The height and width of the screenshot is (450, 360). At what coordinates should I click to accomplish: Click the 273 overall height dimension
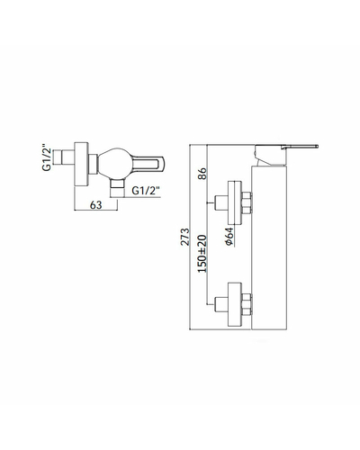tap(185, 237)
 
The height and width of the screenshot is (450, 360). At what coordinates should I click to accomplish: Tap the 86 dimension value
tap(202, 174)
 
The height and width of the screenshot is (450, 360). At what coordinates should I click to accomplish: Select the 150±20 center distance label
tap(202, 254)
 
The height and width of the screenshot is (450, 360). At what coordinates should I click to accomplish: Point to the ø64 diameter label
tap(229, 237)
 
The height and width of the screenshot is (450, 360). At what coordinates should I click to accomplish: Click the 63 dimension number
tap(96, 205)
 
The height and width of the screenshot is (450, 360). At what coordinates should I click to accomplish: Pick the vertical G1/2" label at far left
tap(47, 158)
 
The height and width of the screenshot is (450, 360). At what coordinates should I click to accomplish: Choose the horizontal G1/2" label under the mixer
tap(146, 191)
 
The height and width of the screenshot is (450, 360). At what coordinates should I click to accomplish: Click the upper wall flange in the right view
tap(235, 202)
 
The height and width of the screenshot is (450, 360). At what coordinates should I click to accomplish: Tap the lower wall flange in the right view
tap(235, 304)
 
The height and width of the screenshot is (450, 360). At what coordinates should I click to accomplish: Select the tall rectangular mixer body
tap(269, 247)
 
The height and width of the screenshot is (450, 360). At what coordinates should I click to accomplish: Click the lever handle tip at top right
tap(316, 147)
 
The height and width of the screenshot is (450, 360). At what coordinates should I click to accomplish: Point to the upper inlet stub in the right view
tap(221, 202)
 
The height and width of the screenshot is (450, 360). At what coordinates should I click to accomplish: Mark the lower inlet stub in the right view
tap(221, 304)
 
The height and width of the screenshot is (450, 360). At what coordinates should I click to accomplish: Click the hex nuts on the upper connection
tap(247, 202)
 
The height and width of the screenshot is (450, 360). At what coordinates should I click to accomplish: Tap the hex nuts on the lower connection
tap(247, 304)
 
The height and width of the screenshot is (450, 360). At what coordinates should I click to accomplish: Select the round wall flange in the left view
tap(81, 164)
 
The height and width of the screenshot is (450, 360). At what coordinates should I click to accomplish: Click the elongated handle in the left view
tap(148, 165)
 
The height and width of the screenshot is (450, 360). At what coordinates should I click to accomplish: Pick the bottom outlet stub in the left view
tap(117, 188)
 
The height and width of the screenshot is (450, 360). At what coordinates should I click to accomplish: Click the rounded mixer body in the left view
tap(115, 165)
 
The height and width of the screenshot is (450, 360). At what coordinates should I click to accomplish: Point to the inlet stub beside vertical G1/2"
tap(64, 157)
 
